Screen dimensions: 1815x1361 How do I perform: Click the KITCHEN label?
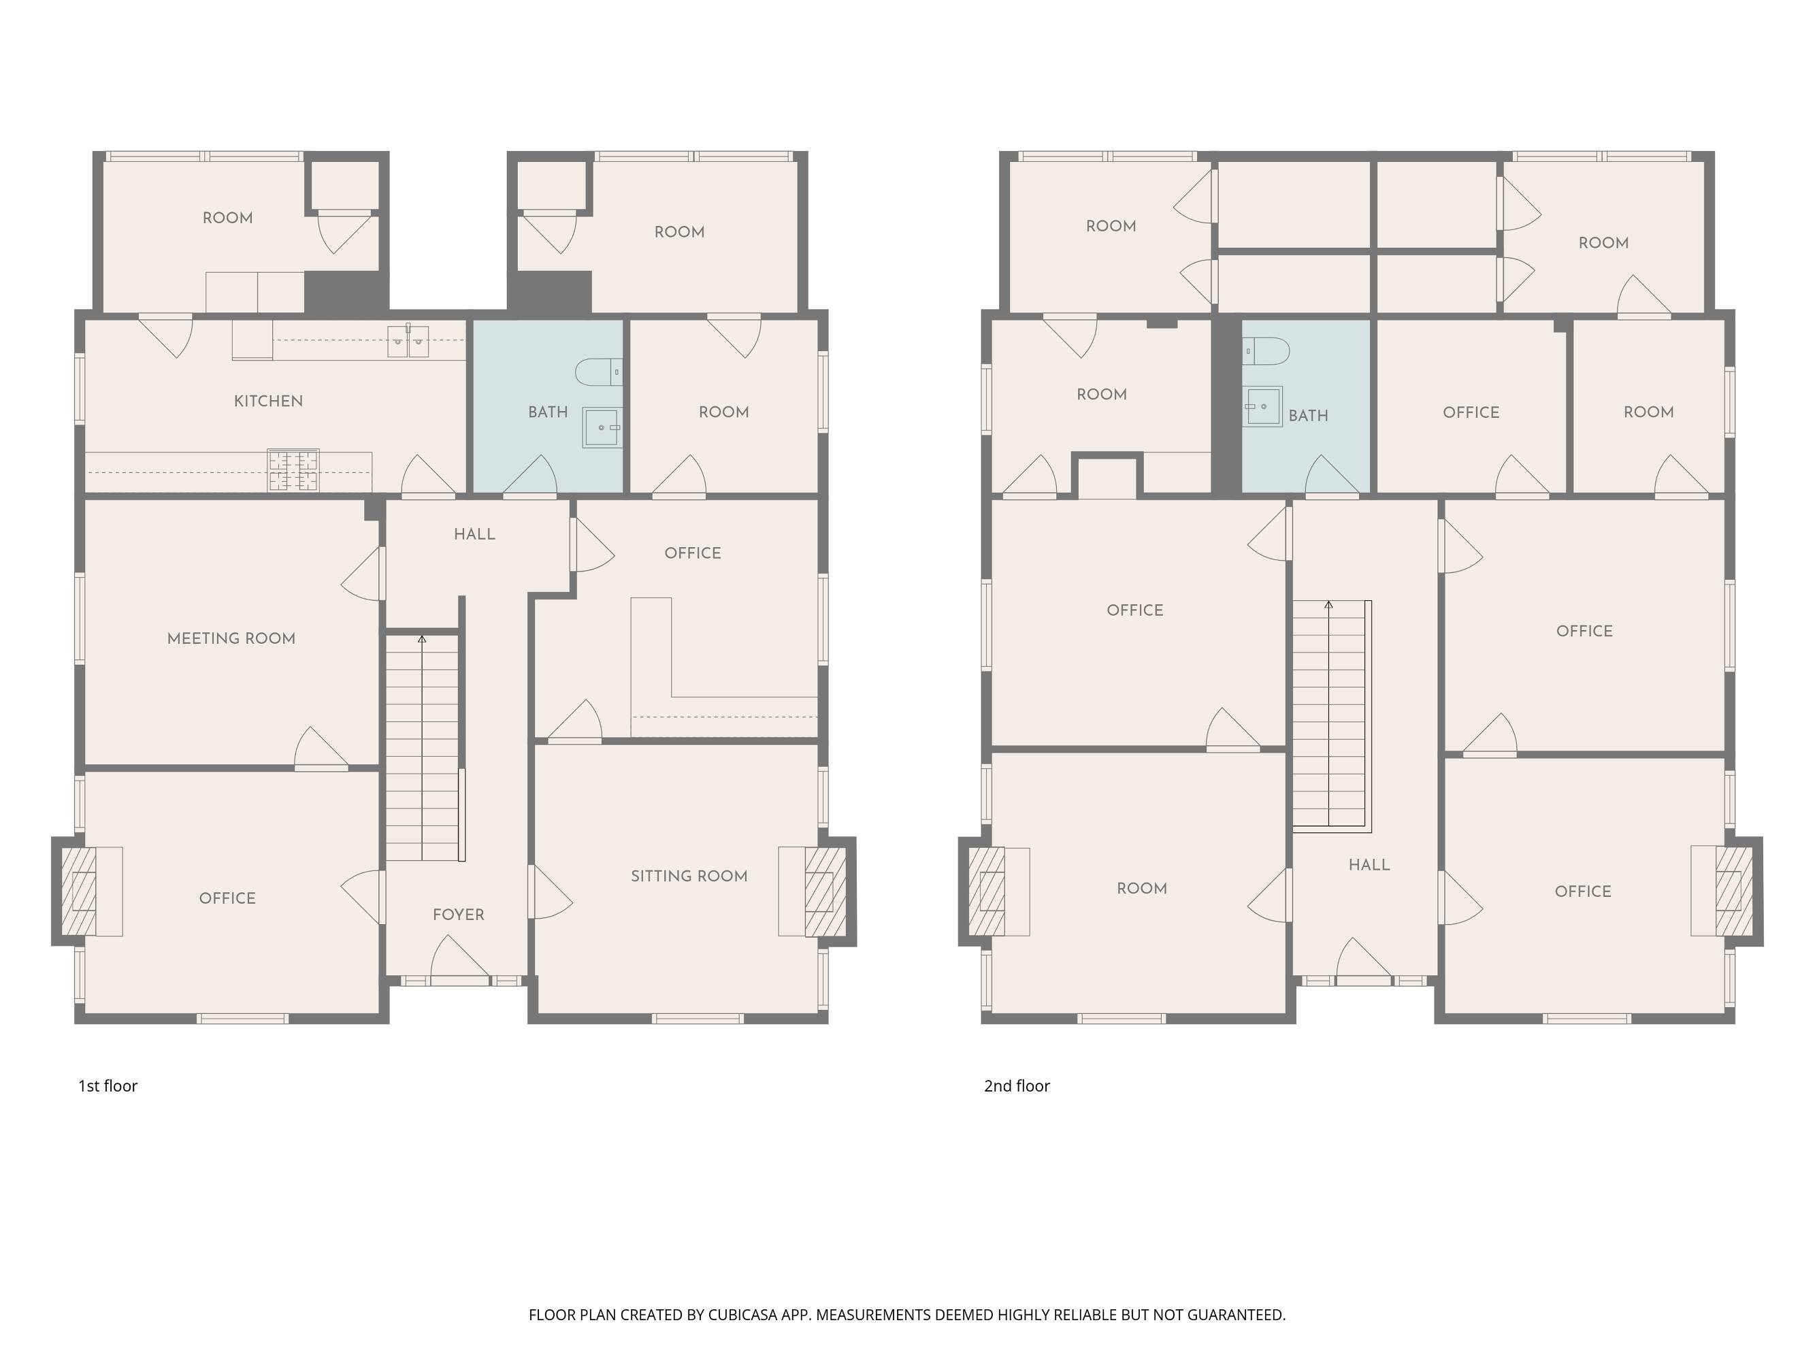tap(268, 401)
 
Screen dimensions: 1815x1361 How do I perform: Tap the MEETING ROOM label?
tap(231, 638)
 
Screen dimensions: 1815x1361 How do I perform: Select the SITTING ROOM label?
tap(689, 876)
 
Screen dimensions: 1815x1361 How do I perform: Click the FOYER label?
tap(459, 915)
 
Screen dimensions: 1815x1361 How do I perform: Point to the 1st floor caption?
tap(108, 1086)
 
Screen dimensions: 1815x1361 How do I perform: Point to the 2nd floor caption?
tap(1017, 1086)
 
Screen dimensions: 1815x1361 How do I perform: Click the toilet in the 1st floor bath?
tap(599, 372)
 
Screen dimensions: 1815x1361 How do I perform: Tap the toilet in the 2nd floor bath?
tap(1266, 350)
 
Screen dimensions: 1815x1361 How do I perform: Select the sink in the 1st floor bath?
tap(602, 427)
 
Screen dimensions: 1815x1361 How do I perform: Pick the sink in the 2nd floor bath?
tap(1263, 406)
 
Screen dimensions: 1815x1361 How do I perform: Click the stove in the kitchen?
tap(293, 470)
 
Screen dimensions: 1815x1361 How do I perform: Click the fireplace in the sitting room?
tap(825, 891)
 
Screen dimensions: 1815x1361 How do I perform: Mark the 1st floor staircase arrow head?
tap(422, 638)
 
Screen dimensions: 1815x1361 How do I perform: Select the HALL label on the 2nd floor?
tap(1369, 865)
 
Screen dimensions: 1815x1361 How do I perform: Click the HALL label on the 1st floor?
tap(475, 534)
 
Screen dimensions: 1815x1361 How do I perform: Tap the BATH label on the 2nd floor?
tap(1309, 416)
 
